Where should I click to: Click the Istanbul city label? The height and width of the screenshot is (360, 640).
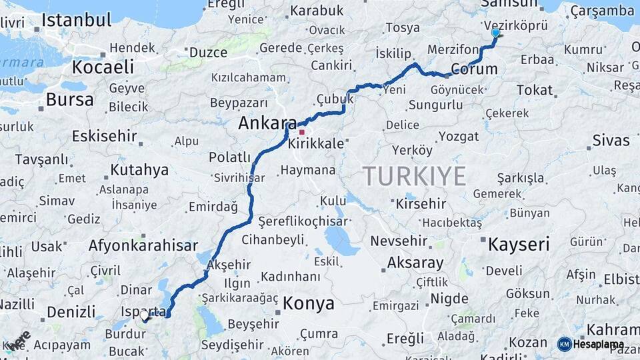[x=76, y=20]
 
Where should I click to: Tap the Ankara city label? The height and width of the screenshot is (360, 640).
[x=267, y=123]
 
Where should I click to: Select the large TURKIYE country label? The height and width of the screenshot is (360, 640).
[x=414, y=176]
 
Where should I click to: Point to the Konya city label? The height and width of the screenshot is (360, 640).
[x=308, y=304]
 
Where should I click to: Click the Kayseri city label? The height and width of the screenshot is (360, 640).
[x=519, y=244]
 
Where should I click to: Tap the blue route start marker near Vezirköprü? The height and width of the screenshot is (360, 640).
[x=495, y=33]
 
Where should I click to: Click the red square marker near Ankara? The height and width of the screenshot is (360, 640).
[x=301, y=132]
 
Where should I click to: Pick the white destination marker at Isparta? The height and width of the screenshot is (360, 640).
[x=144, y=317]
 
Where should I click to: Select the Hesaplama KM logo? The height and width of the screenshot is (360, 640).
[x=591, y=344]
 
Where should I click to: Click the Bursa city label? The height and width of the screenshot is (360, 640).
[x=69, y=100]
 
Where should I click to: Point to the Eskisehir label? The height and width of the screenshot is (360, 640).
[x=104, y=137]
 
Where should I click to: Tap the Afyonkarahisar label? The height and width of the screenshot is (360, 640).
[x=143, y=245]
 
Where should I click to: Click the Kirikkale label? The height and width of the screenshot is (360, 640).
[x=316, y=144]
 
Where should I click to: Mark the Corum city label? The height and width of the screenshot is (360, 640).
[x=474, y=69]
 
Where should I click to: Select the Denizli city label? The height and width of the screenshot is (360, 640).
[x=71, y=312]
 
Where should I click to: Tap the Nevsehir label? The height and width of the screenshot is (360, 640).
[x=399, y=241]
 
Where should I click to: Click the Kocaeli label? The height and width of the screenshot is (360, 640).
[x=103, y=67]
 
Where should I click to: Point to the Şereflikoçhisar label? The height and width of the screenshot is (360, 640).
[x=293, y=221]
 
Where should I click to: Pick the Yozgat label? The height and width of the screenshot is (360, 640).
[x=459, y=137]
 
